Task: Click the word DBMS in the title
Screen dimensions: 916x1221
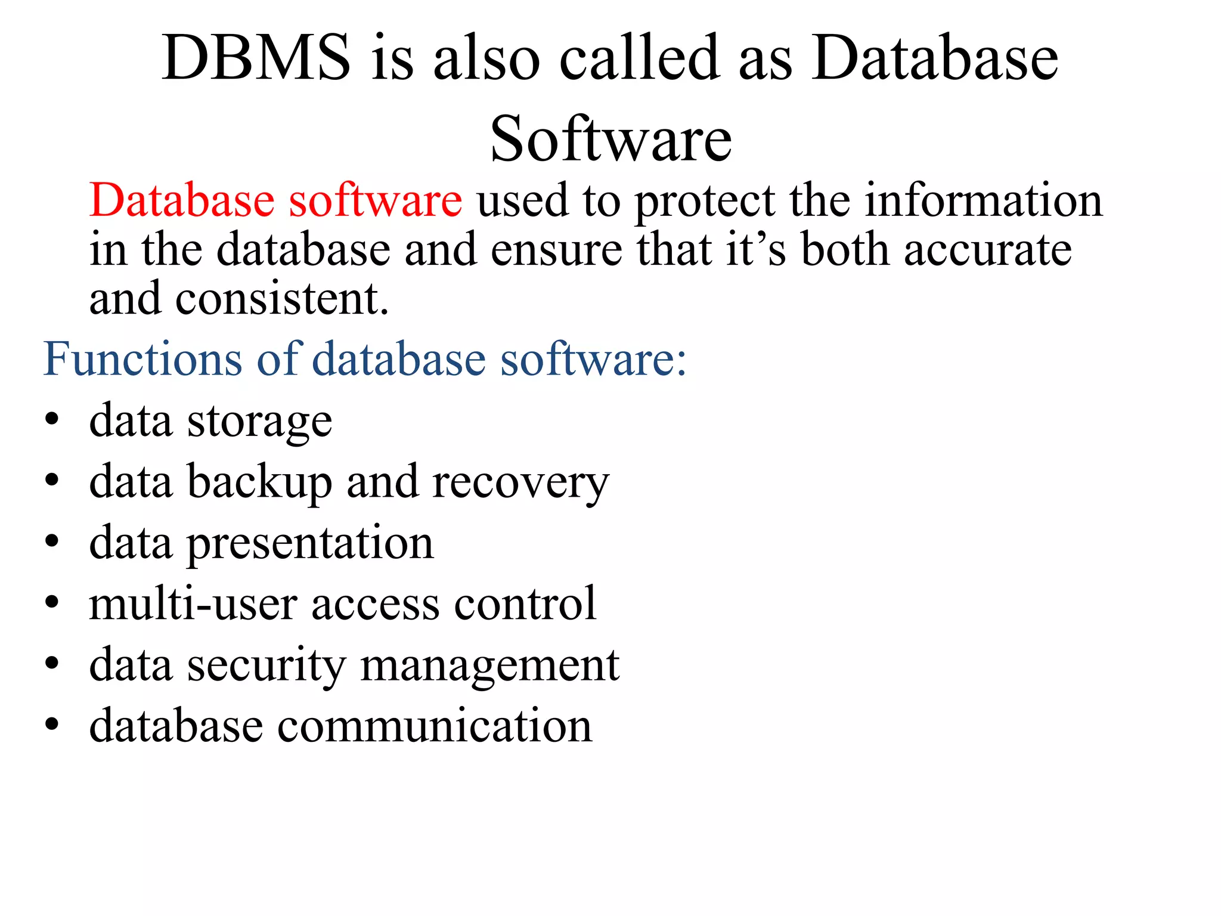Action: (256, 58)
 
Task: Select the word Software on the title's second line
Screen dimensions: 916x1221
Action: (610, 140)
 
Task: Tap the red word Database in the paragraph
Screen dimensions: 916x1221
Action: (182, 200)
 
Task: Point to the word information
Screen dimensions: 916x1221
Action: (984, 200)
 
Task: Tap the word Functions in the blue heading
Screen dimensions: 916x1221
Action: (142, 359)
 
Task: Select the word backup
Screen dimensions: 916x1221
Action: (259, 482)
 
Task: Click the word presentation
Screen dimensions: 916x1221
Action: (311, 544)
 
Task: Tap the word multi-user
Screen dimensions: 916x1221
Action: (193, 605)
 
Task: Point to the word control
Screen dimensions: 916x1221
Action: (525, 605)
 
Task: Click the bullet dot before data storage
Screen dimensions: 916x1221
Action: (52, 419)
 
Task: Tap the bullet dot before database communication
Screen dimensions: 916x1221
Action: (52, 725)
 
